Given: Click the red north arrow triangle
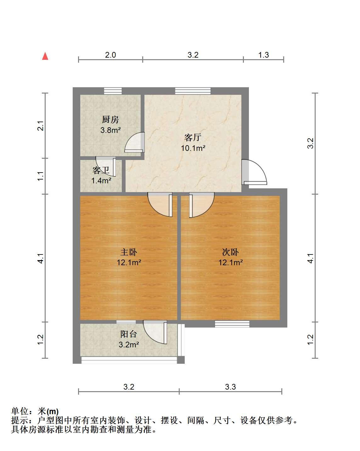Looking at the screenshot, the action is (x=45, y=56).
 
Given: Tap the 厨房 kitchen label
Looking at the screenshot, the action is (x=110, y=119).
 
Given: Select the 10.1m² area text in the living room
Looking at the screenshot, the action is (x=193, y=148).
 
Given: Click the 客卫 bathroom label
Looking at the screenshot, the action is (x=101, y=170).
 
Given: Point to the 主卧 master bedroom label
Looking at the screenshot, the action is (x=129, y=252).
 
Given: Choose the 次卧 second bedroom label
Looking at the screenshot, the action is (x=230, y=252).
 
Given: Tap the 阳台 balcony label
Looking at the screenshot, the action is (x=129, y=334).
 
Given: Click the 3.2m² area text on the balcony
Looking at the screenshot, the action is (x=129, y=345).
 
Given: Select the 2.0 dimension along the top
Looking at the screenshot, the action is (x=110, y=55).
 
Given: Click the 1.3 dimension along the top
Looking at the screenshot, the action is (x=263, y=55).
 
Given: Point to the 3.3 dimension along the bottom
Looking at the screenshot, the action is (x=230, y=387).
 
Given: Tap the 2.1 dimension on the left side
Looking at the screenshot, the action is (x=41, y=126).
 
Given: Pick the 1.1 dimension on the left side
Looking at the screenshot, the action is (x=41, y=176).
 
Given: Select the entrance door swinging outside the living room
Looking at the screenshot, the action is (x=254, y=172).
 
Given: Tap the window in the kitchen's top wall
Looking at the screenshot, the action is (x=113, y=91).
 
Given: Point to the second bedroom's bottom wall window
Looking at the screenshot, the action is (x=232, y=324).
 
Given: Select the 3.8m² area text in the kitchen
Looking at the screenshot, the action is (x=110, y=130).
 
